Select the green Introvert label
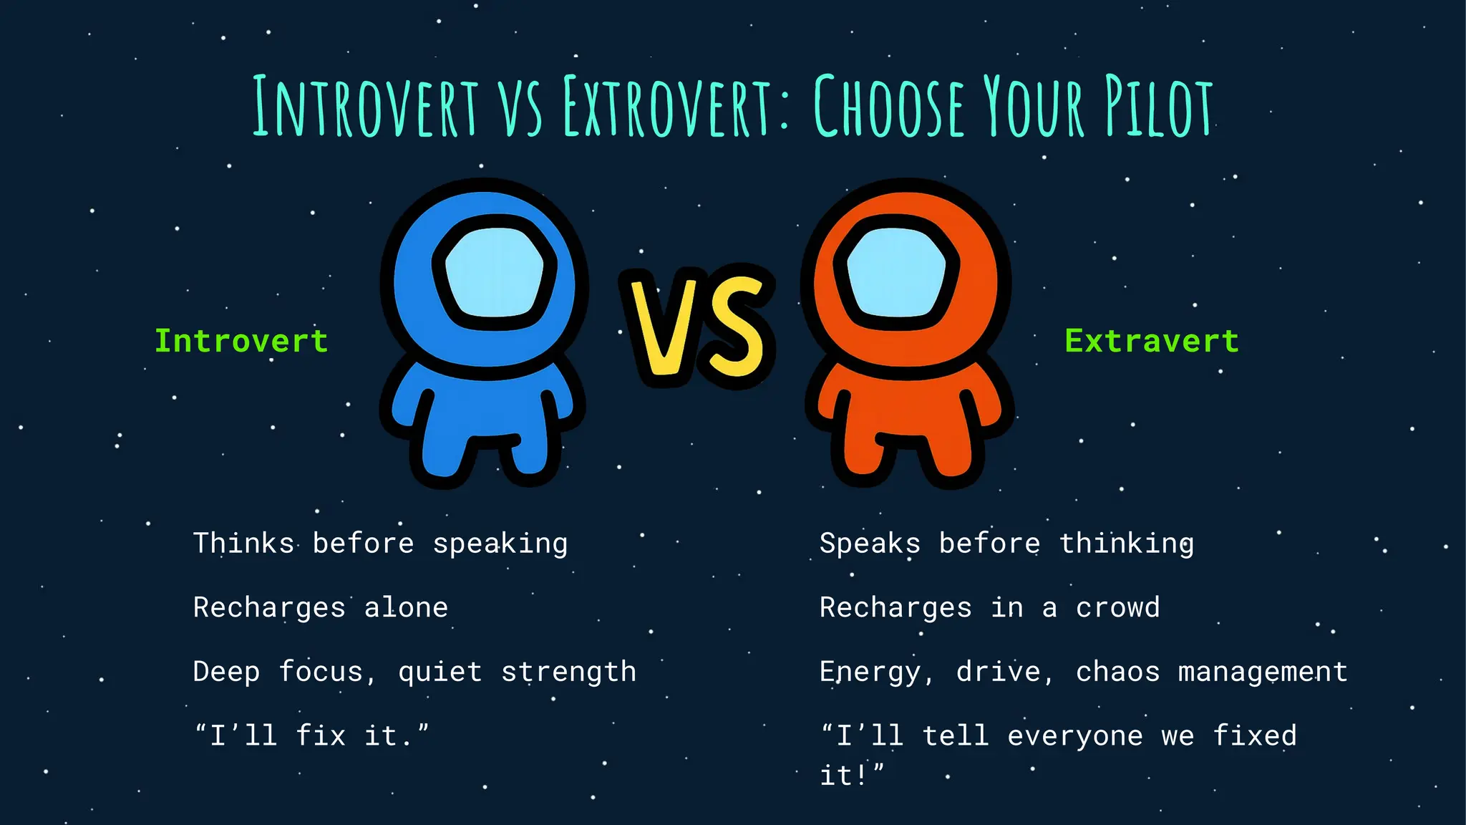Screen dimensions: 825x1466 click(x=241, y=341)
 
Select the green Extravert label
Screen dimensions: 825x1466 click(x=1152, y=341)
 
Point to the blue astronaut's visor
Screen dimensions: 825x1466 click(x=494, y=272)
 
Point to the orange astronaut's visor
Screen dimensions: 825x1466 click(x=895, y=272)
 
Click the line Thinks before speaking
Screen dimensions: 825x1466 click(x=380, y=544)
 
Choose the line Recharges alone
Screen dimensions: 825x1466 click(x=320, y=608)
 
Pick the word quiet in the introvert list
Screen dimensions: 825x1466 click(x=440, y=672)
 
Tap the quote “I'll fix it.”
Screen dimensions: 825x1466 click(x=311, y=736)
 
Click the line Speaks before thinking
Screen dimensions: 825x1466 click(x=1006, y=544)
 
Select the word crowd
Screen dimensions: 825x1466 click(x=1117, y=608)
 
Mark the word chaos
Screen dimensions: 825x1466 click(x=1117, y=672)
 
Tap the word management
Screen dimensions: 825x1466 click(x=1263, y=672)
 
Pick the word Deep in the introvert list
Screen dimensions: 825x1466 click(x=226, y=672)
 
